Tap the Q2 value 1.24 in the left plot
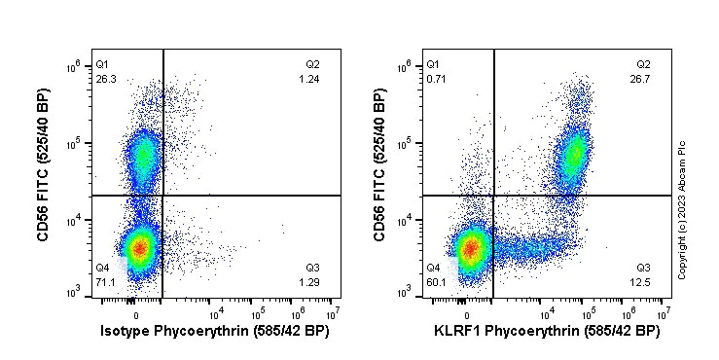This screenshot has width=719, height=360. (x=309, y=79)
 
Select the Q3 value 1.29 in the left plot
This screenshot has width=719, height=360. (x=309, y=282)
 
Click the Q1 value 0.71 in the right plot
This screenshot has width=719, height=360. (x=435, y=79)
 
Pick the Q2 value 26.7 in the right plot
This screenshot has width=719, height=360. (x=642, y=79)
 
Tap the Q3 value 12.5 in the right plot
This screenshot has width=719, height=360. (x=642, y=282)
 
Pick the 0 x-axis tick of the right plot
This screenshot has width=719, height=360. (x=469, y=313)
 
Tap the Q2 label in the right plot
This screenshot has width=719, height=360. (x=643, y=64)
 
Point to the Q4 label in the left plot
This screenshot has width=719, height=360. (x=102, y=268)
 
